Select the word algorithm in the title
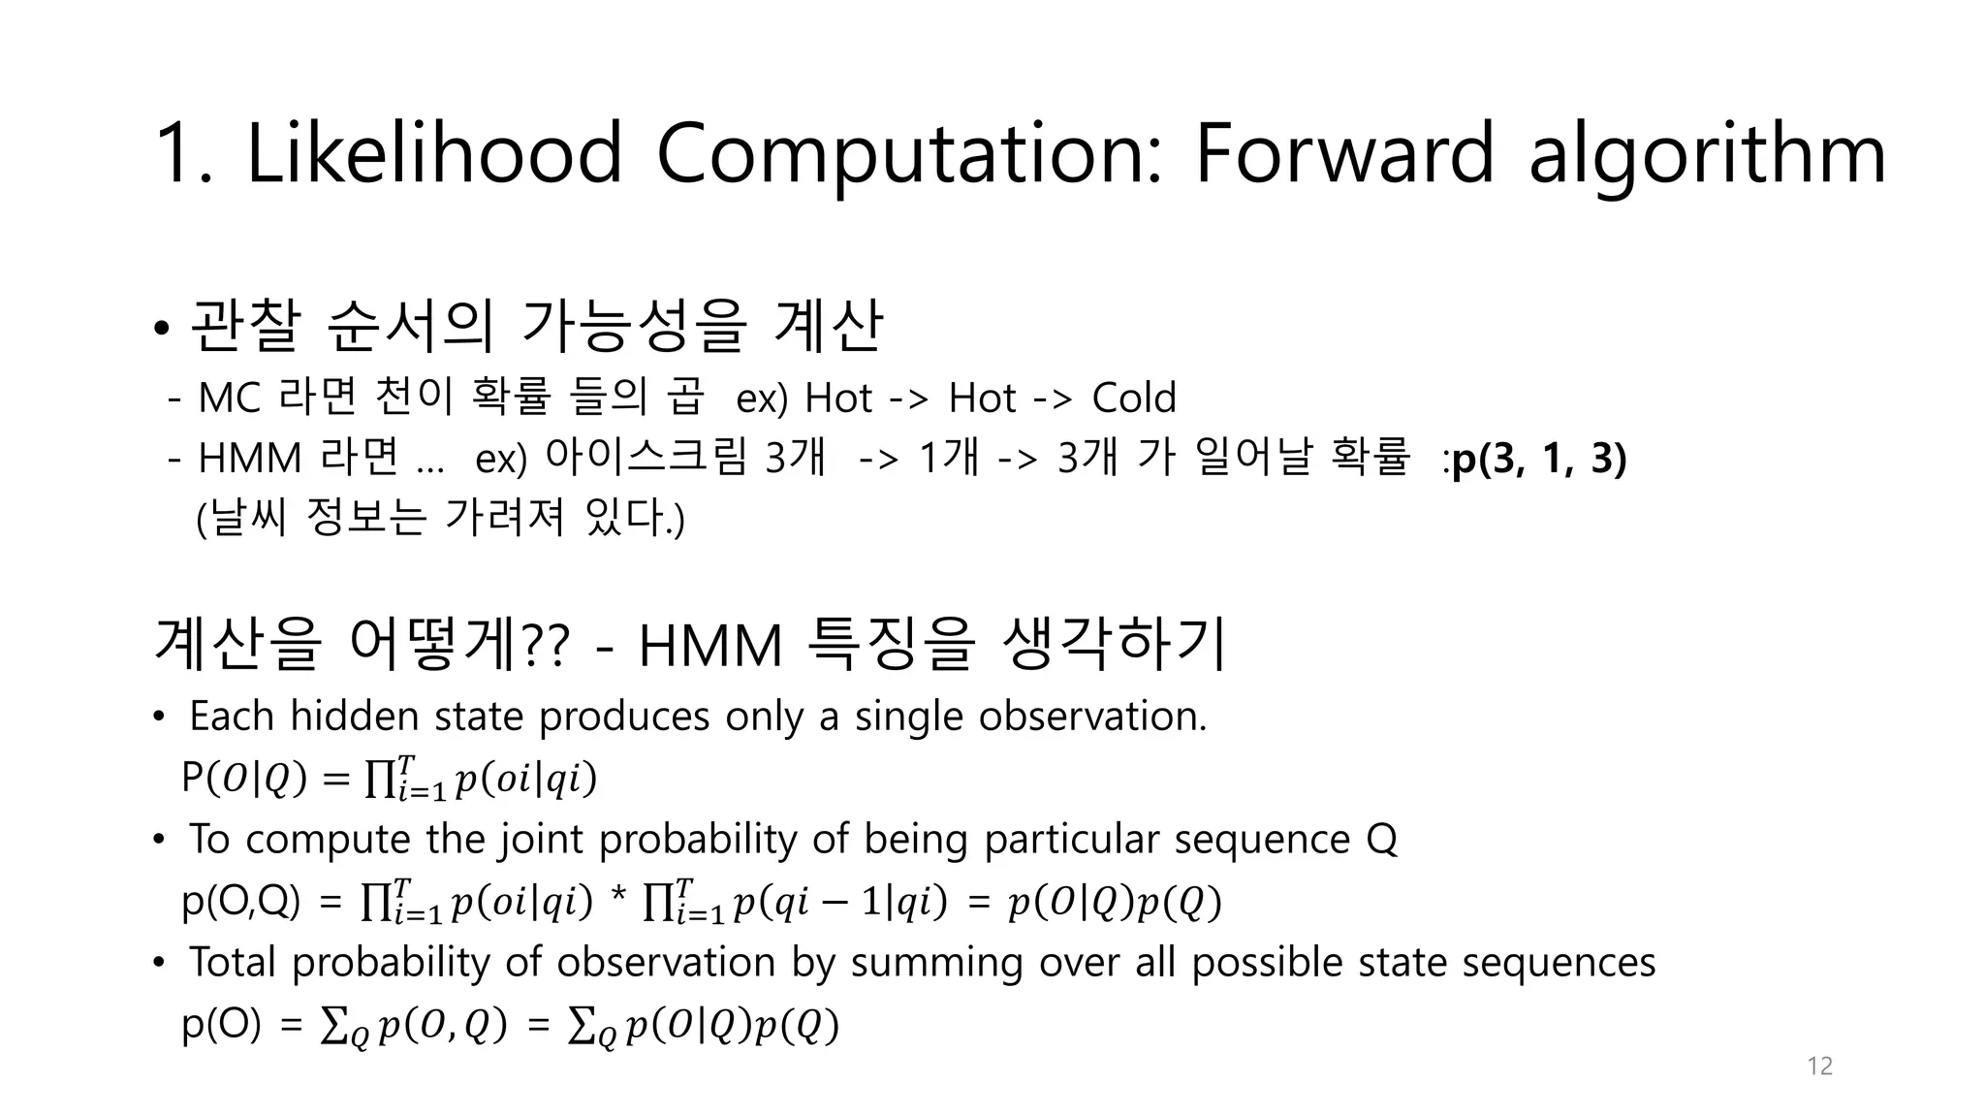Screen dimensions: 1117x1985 pyautogui.click(x=1707, y=155)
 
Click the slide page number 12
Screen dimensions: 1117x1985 pyautogui.click(x=1819, y=1067)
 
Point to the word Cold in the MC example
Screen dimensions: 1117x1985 pyautogui.click(x=1133, y=398)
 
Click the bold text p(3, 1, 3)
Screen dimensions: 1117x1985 pyautogui.click(x=1539, y=459)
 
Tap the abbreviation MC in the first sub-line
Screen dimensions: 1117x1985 pyautogui.click(x=229, y=399)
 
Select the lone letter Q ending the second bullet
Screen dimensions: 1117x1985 pyautogui.click(x=1381, y=840)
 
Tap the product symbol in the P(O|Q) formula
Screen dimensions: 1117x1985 pyautogui.click(x=378, y=779)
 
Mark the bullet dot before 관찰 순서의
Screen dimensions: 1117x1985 pyautogui.click(x=161, y=328)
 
